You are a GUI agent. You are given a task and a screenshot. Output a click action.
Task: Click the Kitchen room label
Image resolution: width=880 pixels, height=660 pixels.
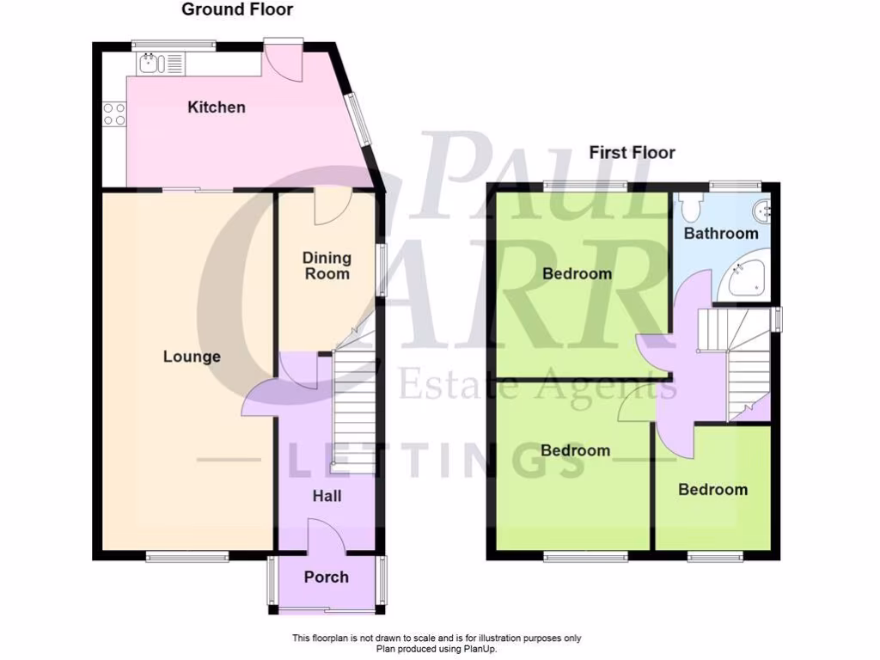pyautogui.click(x=217, y=107)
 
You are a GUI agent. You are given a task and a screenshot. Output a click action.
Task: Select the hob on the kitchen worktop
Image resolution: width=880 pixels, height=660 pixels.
pyautogui.click(x=114, y=114)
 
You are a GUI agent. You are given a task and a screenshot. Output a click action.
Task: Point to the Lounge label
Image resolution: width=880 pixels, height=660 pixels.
pyautogui.click(x=192, y=357)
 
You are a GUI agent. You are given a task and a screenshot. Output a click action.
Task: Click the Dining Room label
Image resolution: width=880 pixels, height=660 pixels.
pyautogui.click(x=327, y=266)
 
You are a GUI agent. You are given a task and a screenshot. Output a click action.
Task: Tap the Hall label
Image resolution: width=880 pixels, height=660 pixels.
pyautogui.click(x=327, y=496)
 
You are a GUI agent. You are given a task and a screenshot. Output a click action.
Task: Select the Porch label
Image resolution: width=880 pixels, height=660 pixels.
pyautogui.click(x=327, y=577)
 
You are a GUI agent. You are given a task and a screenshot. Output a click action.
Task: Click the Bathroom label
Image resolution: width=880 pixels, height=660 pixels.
pyautogui.click(x=721, y=233)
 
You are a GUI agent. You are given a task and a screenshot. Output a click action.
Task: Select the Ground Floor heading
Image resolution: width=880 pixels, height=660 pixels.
pyautogui.click(x=237, y=10)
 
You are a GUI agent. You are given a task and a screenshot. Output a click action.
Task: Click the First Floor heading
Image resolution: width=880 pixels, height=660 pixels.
pyautogui.click(x=632, y=153)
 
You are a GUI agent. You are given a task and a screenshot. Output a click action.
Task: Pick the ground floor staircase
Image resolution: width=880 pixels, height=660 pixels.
pyautogui.click(x=353, y=412)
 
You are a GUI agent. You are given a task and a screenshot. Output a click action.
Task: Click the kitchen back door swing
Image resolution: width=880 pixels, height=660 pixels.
pyautogui.click(x=284, y=60)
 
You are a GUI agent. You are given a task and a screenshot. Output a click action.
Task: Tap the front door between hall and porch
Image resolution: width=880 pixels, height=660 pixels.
pyautogui.click(x=327, y=539)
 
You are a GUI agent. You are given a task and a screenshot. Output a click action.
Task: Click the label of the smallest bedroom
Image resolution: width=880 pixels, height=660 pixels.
pyautogui.click(x=712, y=490)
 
